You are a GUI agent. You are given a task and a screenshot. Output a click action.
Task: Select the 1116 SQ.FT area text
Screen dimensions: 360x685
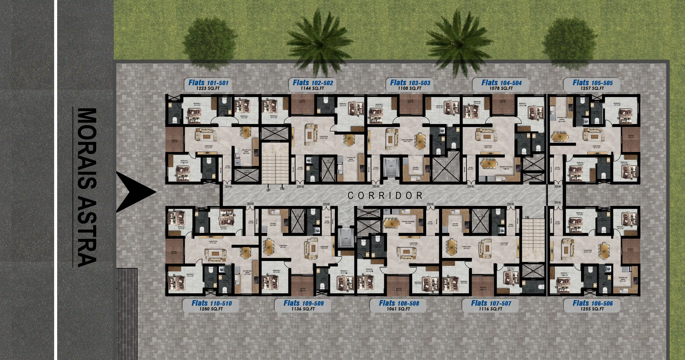(x=491, y=309)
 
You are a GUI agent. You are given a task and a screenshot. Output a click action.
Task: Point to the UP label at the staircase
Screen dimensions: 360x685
(x=268, y=190)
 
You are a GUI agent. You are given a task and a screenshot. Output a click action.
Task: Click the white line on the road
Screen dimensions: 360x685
(x=56, y=180)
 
